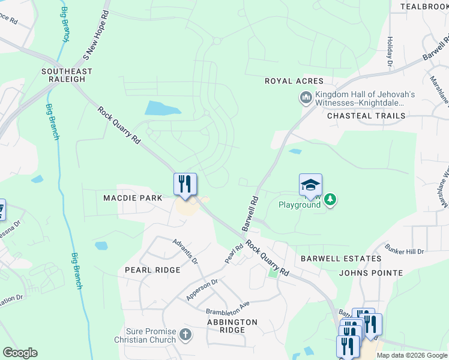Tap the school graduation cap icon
coord(311,184)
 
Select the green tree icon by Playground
coord(330,199)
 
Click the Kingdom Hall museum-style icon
coord(306,97)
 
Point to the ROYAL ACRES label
coord(294,81)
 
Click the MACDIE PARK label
coord(133,197)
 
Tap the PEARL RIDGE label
coord(152,270)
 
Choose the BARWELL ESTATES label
coord(341,259)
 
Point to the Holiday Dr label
coord(390,51)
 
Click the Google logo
coord(20,353)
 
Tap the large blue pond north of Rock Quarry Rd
coord(161,109)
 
